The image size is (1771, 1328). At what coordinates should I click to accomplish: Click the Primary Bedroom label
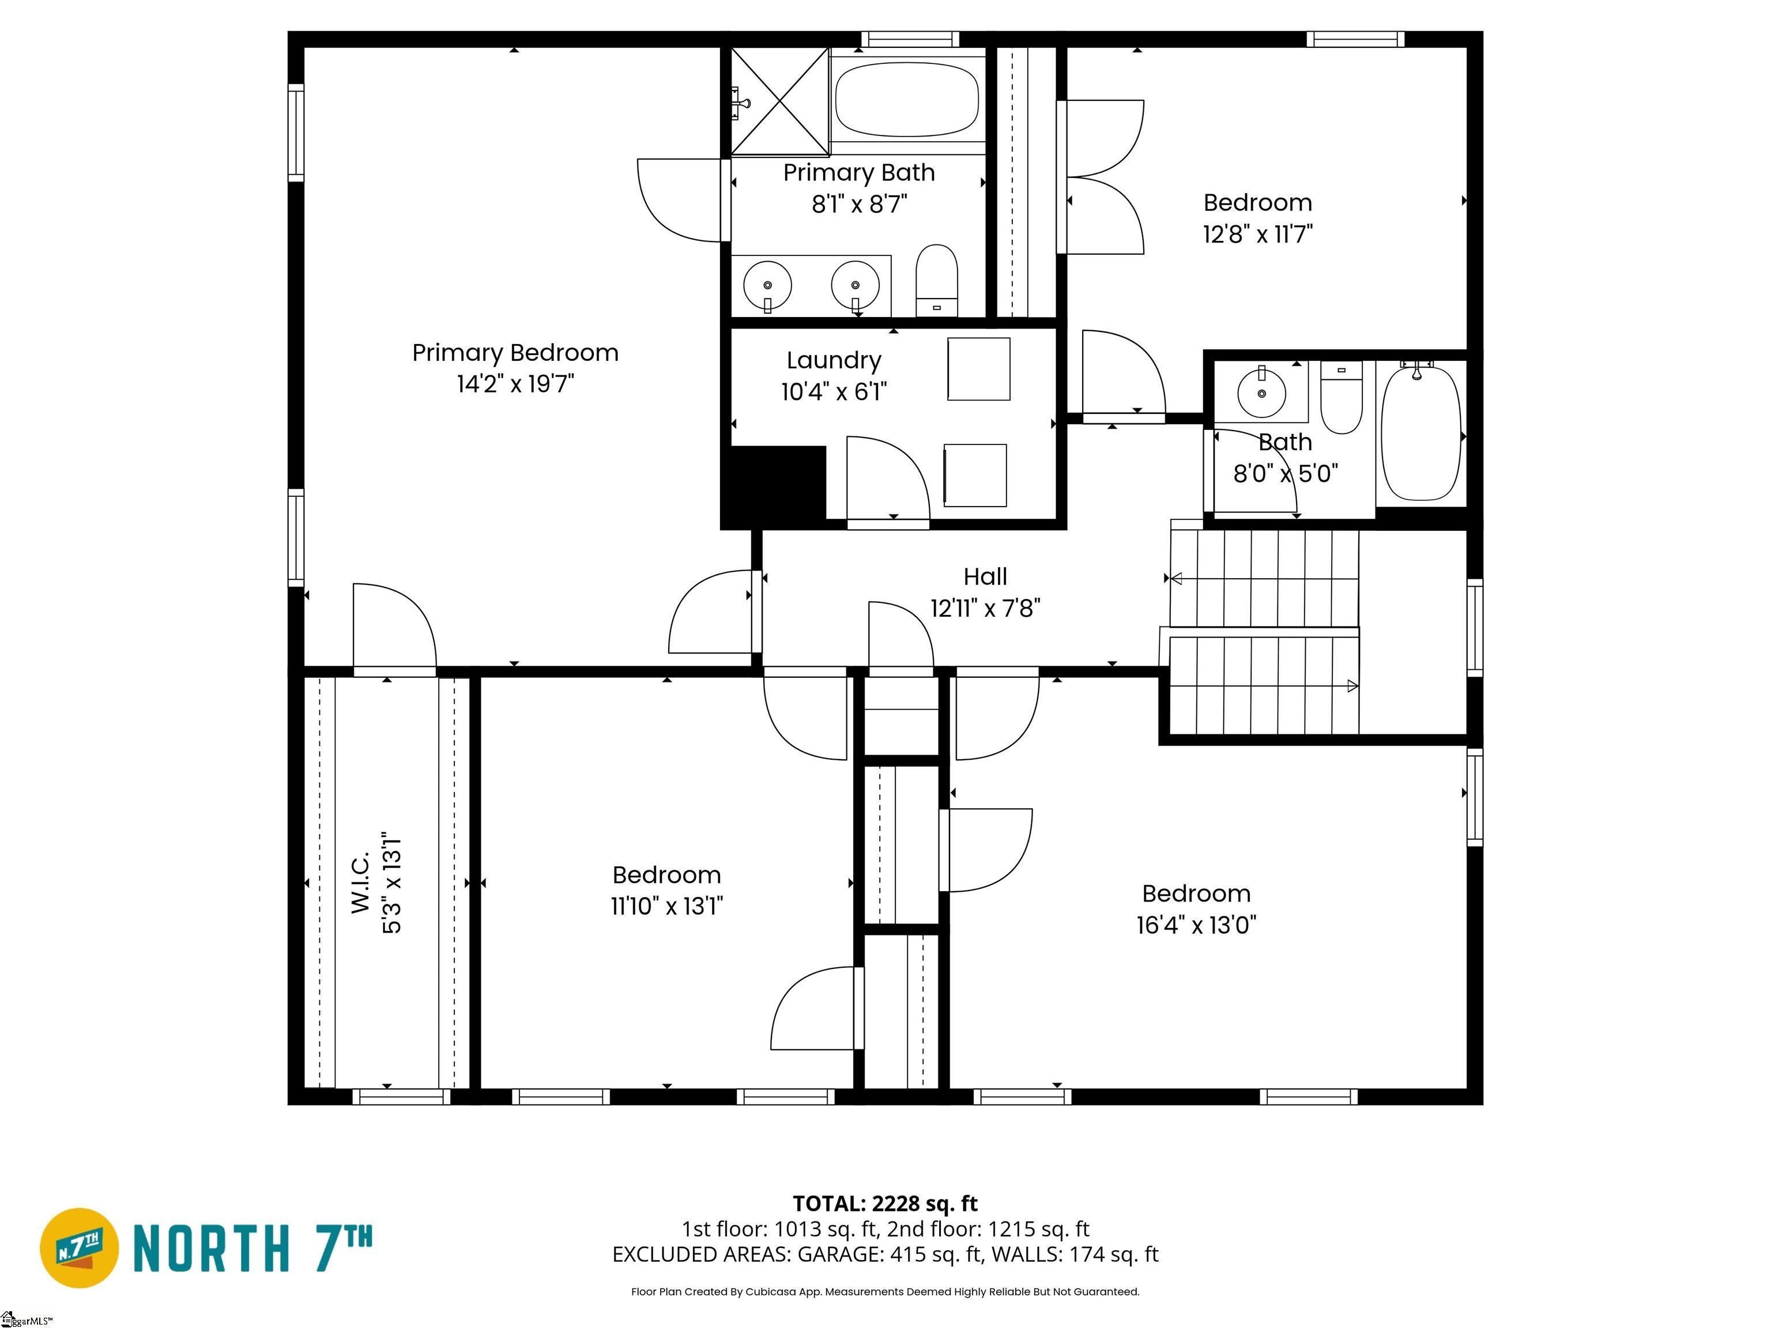pyautogui.click(x=515, y=352)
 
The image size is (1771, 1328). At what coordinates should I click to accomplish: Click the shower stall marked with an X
pyautogui.click(x=779, y=101)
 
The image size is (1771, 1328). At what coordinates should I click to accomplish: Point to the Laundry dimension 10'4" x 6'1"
pyautogui.click(x=834, y=391)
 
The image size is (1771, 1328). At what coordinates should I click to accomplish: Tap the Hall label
pyautogui.click(x=985, y=576)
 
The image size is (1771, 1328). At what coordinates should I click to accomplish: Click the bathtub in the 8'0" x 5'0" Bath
pyautogui.click(x=1420, y=433)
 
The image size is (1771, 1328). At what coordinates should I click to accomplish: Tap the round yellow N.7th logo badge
pyautogui.click(x=79, y=1248)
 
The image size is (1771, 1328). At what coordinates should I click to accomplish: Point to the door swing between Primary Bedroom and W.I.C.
pyautogui.click(x=394, y=628)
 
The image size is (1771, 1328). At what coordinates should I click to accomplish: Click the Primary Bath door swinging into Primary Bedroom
pyautogui.click(x=683, y=200)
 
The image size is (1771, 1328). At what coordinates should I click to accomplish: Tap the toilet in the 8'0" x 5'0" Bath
pyautogui.click(x=1341, y=398)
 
